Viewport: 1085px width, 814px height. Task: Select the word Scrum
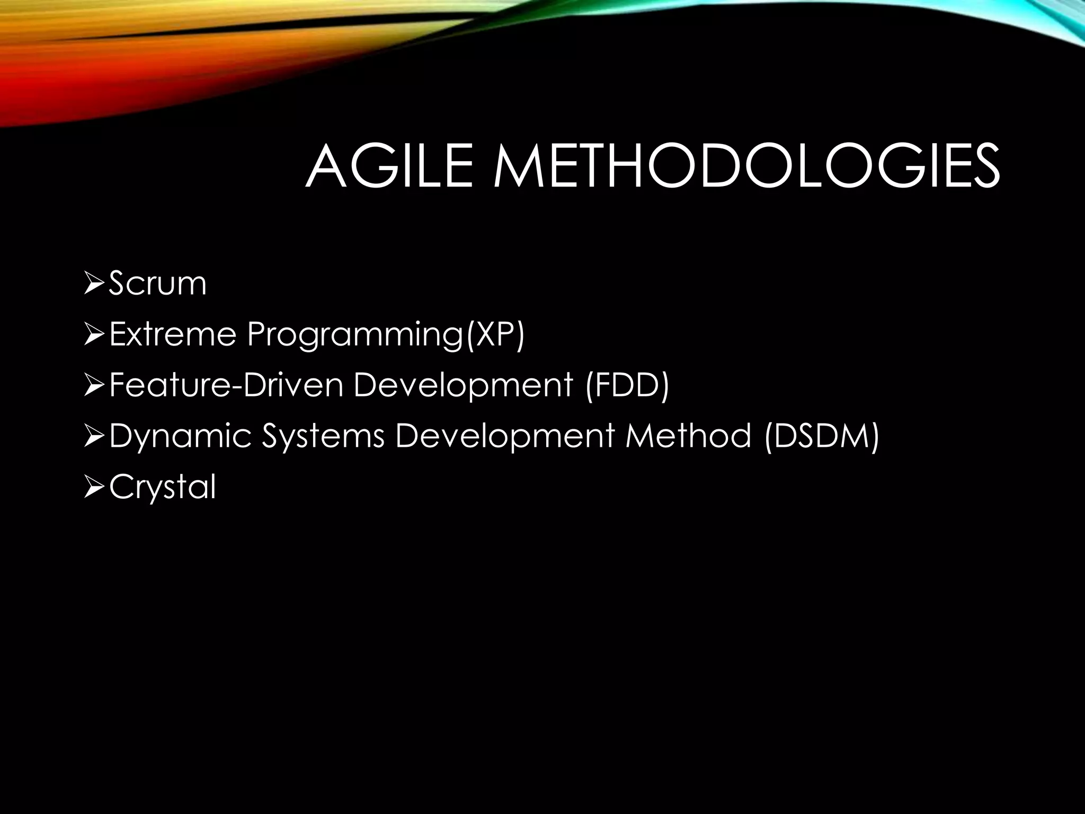pyautogui.click(x=157, y=284)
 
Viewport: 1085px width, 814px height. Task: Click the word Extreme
pyautogui.click(x=172, y=335)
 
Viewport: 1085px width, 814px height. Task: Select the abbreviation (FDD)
pyautogui.click(x=627, y=385)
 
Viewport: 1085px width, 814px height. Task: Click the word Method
pyautogui.click(x=688, y=436)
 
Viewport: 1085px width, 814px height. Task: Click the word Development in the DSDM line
pyautogui.click(x=505, y=436)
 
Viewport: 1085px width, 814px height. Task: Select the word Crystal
pyautogui.click(x=163, y=487)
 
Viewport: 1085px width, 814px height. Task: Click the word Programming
pyautogui.click(x=355, y=335)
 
